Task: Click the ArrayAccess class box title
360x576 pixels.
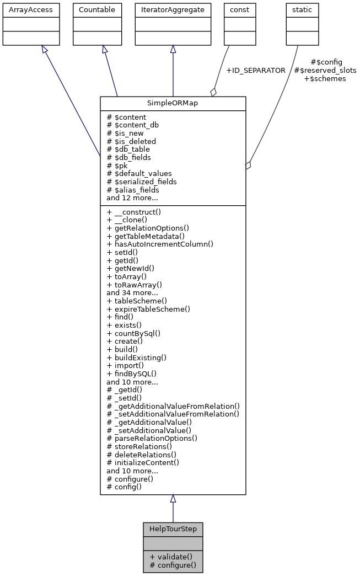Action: coord(23,10)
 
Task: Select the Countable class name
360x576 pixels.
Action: coord(97,10)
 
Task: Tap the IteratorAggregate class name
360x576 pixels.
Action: coord(173,10)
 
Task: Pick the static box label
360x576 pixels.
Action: coord(302,10)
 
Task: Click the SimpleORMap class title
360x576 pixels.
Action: coord(173,104)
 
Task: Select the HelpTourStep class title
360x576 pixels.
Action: coord(173,529)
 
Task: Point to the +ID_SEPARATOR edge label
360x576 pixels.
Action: coord(256,71)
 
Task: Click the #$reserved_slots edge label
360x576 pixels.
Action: coord(325,71)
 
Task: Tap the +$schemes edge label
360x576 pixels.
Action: coord(325,79)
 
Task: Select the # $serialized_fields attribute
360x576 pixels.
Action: coord(142,182)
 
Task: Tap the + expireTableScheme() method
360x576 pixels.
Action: coord(148,309)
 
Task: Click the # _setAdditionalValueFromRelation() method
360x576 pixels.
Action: coord(173,414)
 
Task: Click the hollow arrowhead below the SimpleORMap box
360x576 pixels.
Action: coord(173,499)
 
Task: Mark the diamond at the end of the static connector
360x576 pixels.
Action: coord(249,164)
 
